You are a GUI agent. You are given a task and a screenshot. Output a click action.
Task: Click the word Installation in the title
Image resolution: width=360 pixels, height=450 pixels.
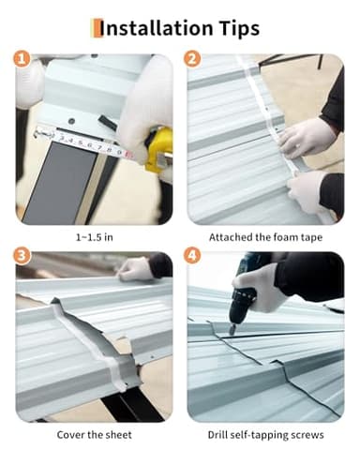(156, 28)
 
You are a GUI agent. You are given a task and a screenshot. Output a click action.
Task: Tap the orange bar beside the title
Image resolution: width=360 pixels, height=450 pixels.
(97, 28)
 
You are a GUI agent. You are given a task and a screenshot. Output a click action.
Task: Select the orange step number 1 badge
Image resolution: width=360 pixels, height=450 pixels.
(22, 59)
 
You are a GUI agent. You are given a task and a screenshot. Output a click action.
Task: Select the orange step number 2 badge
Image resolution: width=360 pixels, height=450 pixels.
(192, 59)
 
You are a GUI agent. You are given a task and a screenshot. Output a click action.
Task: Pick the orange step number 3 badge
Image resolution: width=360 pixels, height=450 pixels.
(22, 256)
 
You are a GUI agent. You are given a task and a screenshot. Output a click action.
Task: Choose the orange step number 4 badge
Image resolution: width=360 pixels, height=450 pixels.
(192, 256)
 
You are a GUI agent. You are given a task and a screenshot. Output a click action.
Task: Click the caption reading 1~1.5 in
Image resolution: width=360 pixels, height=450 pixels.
(95, 237)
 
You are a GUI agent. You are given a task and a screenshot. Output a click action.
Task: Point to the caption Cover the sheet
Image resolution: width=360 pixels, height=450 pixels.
(94, 435)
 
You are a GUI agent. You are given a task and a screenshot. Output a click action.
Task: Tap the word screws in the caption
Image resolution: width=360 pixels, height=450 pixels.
(307, 435)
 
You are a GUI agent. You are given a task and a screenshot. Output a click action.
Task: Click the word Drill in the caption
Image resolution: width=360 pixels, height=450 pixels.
(217, 434)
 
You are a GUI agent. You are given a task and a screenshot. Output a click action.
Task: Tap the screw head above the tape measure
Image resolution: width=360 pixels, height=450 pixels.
(71, 120)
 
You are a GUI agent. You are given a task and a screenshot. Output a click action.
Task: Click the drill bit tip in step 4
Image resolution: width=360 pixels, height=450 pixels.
(231, 334)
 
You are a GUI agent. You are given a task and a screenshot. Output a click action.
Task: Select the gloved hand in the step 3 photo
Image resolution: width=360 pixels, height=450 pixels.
(134, 268)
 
